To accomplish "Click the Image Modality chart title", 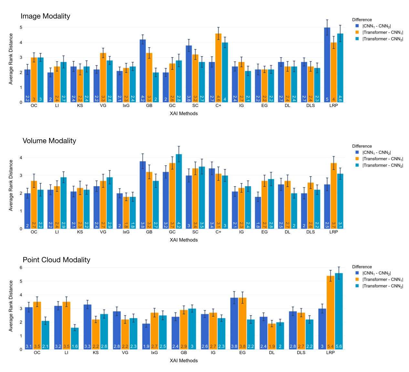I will click(x=45, y=16).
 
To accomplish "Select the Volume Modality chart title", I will click(x=49, y=141).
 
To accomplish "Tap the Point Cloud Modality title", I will click(x=56, y=260).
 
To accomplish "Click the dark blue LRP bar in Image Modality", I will click(x=327, y=65).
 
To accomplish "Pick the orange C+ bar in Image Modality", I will click(x=218, y=68).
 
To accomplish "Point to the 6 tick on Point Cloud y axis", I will click(x=21, y=268).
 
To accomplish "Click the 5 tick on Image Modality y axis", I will click(x=21, y=27).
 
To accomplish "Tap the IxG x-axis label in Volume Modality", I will click(x=126, y=232).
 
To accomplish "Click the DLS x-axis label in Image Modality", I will click(x=310, y=106).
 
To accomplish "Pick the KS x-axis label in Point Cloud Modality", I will click(x=96, y=353).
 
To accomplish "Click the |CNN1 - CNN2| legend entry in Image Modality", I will click(x=376, y=26).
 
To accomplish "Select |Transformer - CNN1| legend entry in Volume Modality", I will click(x=383, y=159).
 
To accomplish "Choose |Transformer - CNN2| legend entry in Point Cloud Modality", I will click(x=383, y=286).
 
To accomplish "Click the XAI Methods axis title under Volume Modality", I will click(x=184, y=240).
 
